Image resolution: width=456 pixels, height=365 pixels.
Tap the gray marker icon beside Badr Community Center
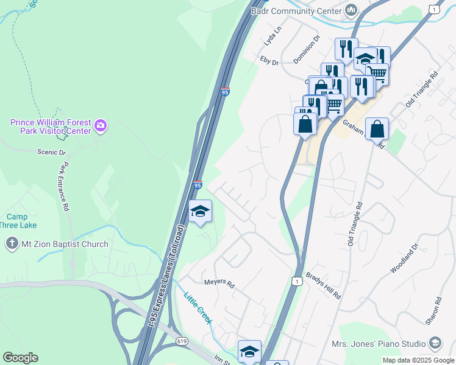coord(351,10)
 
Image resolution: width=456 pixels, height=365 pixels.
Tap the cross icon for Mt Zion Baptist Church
coord(12,245)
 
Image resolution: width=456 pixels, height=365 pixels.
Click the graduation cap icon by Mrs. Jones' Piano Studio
coord(435,344)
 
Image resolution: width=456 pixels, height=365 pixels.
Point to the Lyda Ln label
coord(273,36)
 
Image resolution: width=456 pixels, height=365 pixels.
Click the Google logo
coord(21,358)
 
